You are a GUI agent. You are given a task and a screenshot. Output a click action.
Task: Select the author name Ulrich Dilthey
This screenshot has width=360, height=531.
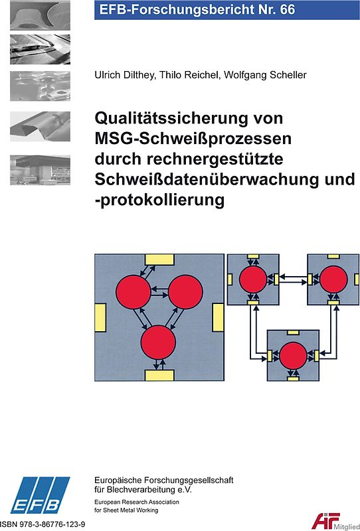tap(124, 75)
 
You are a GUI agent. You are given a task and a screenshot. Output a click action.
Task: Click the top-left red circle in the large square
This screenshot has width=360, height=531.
tap(133, 291)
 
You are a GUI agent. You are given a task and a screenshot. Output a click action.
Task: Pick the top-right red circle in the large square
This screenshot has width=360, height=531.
tap(185, 291)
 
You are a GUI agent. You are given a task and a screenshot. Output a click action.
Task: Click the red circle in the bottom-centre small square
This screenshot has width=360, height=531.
tap(293, 354)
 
